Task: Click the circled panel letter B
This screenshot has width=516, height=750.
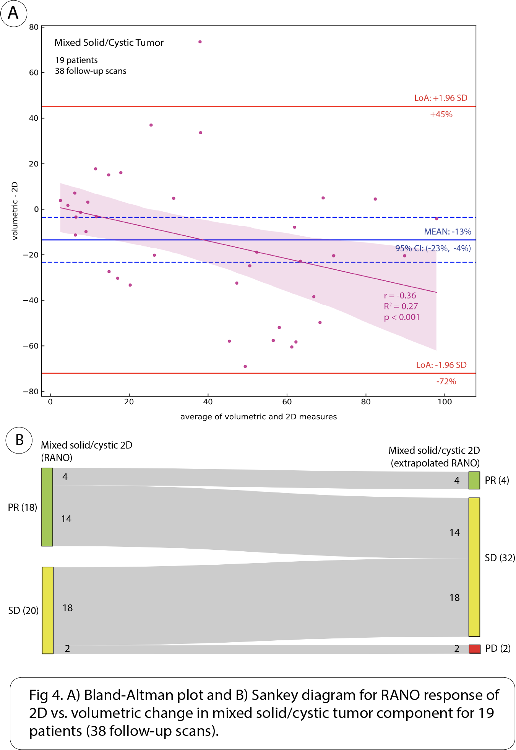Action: pyautogui.click(x=19, y=440)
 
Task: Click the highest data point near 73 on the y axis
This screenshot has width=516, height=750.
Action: pyautogui.click(x=200, y=42)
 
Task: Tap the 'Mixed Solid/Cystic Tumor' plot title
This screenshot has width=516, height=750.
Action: pyautogui.click(x=109, y=42)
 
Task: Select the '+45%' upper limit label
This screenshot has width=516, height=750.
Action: pyautogui.click(x=441, y=114)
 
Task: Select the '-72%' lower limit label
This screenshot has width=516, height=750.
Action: pyautogui.click(x=446, y=381)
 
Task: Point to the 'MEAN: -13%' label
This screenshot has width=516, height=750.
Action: pyautogui.click(x=447, y=232)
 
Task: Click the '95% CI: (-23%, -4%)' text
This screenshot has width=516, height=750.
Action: pyautogui.click(x=433, y=248)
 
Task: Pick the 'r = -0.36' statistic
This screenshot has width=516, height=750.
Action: pyautogui.click(x=400, y=295)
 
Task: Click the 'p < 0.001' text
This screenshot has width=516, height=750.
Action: pyautogui.click(x=402, y=317)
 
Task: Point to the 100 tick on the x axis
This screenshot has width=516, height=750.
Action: pyautogui.click(x=445, y=402)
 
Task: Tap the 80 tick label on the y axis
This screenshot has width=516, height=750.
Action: pyautogui.click(x=34, y=27)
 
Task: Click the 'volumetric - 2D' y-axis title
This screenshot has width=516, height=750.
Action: pyautogui.click(x=15, y=211)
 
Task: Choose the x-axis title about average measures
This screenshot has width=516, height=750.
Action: pyautogui.click(x=258, y=416)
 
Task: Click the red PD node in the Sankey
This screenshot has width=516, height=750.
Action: pyautogui.click(x=474, y=648)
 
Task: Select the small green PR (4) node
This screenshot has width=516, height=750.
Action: pyautogui.click(x=474, y=480)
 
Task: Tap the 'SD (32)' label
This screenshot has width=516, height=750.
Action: pyautogui.click(x=500, y=558)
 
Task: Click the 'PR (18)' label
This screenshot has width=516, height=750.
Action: pyautogui.click(x=22, y=507)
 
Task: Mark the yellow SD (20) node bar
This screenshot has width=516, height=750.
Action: pyautogui.click(x=48, y=610)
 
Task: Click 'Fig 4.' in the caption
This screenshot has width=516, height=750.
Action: pyautogui.click(x=46, y=695)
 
